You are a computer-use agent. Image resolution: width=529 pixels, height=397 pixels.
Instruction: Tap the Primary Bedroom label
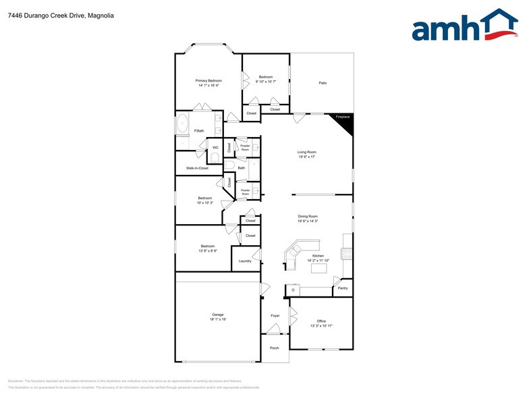pos(208,80)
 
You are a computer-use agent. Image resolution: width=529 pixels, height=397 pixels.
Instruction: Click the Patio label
pos(323,83)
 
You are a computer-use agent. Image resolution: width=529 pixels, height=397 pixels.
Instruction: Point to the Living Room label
pos(307,153)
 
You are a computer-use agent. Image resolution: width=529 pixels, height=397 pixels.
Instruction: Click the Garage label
pos(217,315)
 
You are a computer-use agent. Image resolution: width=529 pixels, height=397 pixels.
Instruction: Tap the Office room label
pos(321,321)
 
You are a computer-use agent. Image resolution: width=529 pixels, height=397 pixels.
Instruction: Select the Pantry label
pos(343,288)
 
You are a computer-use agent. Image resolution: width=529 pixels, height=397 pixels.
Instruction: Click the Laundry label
pos(245,261)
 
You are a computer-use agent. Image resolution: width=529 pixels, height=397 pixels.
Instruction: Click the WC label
pos(215,148)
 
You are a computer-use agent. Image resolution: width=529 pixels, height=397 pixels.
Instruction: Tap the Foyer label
pos(275,315)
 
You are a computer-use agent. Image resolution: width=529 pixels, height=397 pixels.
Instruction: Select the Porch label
pos(275,348)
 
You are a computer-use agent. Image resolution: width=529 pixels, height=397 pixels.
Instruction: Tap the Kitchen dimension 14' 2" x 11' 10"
pos(318,260)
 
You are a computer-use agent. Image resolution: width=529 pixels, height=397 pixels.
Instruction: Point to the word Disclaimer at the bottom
pos(16,381)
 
